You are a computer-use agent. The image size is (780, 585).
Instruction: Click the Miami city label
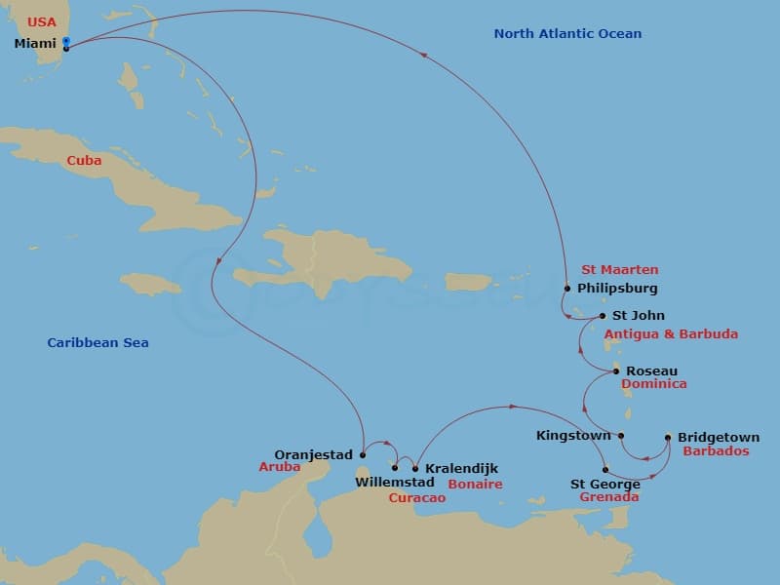point(34,43)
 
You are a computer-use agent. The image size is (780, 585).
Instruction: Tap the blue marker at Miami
point(65,41)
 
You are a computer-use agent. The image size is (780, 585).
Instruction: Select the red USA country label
point(41,21)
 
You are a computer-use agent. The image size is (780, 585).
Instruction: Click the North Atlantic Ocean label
point(567,34)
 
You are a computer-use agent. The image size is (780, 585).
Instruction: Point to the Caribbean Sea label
point(97,343)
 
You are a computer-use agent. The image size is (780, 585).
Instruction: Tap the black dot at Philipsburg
point(566,288)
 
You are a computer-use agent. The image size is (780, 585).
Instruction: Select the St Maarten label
point(619,270)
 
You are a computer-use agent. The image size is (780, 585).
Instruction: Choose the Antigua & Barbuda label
point(671,333)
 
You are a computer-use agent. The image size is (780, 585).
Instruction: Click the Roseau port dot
point(616,370)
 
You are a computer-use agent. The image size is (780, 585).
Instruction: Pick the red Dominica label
point(654,384)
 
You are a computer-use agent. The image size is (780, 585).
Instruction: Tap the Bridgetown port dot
point(668,437)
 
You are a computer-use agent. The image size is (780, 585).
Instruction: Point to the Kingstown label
point(573,436)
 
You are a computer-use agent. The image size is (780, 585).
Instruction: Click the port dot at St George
point(605,469)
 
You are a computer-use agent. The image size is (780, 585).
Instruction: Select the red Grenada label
point(608,497)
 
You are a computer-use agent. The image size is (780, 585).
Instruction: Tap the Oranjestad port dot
point(362,453)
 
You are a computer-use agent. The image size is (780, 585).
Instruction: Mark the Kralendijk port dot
point(415,468)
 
